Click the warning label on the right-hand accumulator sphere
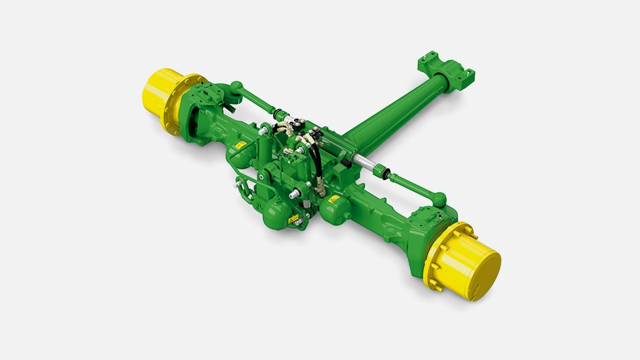334,199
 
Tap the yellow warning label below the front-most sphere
292,219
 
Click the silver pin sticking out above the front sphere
292,193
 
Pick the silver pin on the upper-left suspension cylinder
265,131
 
